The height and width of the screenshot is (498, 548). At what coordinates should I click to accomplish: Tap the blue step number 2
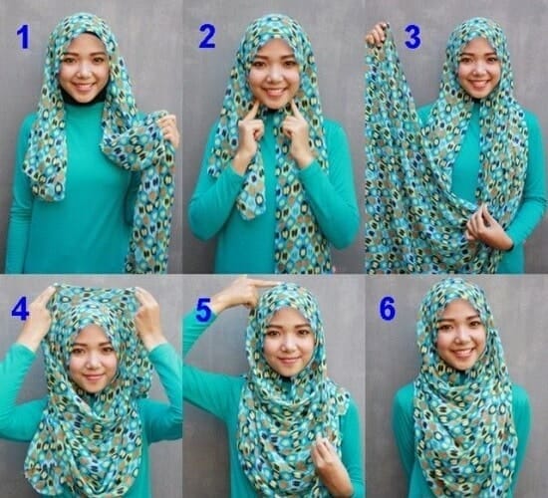tap(207, 37)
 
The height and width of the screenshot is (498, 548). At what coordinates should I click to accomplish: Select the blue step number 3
tap(412, 38)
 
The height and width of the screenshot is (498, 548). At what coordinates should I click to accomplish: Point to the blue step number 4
tap(20, 309)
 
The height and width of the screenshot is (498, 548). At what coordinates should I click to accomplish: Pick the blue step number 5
tap(203, 310)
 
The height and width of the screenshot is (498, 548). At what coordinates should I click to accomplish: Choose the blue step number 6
tap(388, 308)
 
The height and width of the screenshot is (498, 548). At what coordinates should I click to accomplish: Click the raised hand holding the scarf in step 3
tap(378, 35)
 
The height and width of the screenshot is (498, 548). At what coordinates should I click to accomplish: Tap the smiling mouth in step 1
tap(83, 86)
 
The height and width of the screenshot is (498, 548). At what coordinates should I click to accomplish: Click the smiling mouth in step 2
tap(275, 92)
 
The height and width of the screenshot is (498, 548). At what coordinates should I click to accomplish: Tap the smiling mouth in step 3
tap(479, 85)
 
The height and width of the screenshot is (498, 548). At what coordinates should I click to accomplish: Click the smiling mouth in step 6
tap(462, 353)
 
